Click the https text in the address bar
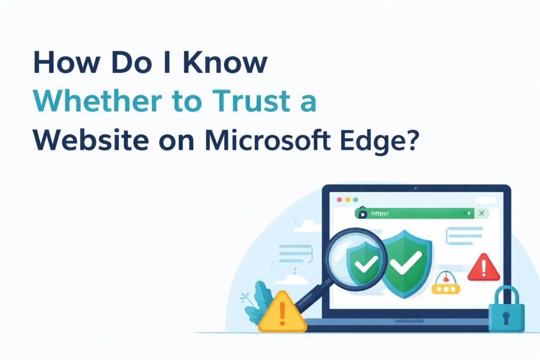pos(380,213)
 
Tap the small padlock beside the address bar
pos(362,213)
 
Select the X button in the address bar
pos(481,213)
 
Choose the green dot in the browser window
pos(355,200)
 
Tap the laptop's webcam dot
pos(416,188)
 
